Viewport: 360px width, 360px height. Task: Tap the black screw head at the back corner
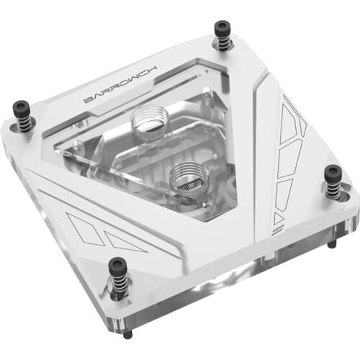pyautogui.click(x=222, y=28)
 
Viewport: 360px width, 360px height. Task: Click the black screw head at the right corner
pyautogui.click(x=333, y=174)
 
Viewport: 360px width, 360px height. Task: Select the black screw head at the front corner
pyautogui.click(x=117, y=267)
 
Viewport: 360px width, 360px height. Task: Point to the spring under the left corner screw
pyautogui.click(x=24, y=125)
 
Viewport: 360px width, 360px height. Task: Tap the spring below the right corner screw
pyautogui.click(x=334, y=189)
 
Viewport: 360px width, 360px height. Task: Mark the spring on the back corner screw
pyautogui.click(x=224, y=42)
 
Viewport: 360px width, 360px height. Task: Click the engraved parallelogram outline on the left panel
pyautogui.click(x=85, y=229)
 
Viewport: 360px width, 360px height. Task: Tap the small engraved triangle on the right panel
pyautogui.click(x=279, y=218)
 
